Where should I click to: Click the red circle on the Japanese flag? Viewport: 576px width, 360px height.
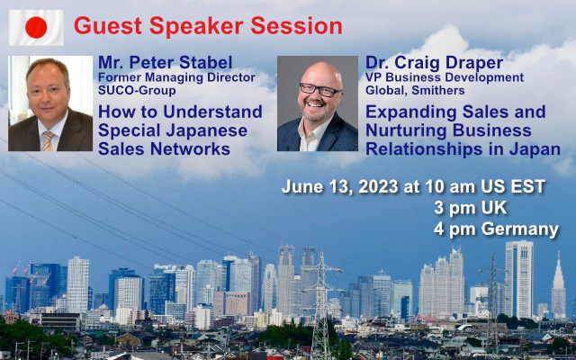click(x=36, y=28)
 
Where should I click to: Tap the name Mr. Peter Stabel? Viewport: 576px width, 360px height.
click(x=165, y=63)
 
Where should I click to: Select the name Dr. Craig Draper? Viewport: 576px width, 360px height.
click(x=434, y=63)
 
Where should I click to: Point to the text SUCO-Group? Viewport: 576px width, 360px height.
click(x=137, y=90)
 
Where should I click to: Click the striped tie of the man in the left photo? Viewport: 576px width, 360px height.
click(x=48, y=140)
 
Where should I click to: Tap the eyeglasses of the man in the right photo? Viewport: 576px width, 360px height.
click(x=320, y=89)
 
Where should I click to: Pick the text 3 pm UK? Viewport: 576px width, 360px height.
click(x=470, y=208)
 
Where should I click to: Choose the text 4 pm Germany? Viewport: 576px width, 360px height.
click(x=496, y=229)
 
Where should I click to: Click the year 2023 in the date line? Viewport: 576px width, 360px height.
click(x=378, y=186)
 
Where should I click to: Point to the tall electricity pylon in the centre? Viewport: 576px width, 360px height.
click(x=321, y=305)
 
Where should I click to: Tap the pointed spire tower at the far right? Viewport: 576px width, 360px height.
click(x=558, y=285)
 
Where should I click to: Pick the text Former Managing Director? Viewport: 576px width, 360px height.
click(x=176, y=78)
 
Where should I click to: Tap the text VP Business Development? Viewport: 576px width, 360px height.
click(x=445, y=78)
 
